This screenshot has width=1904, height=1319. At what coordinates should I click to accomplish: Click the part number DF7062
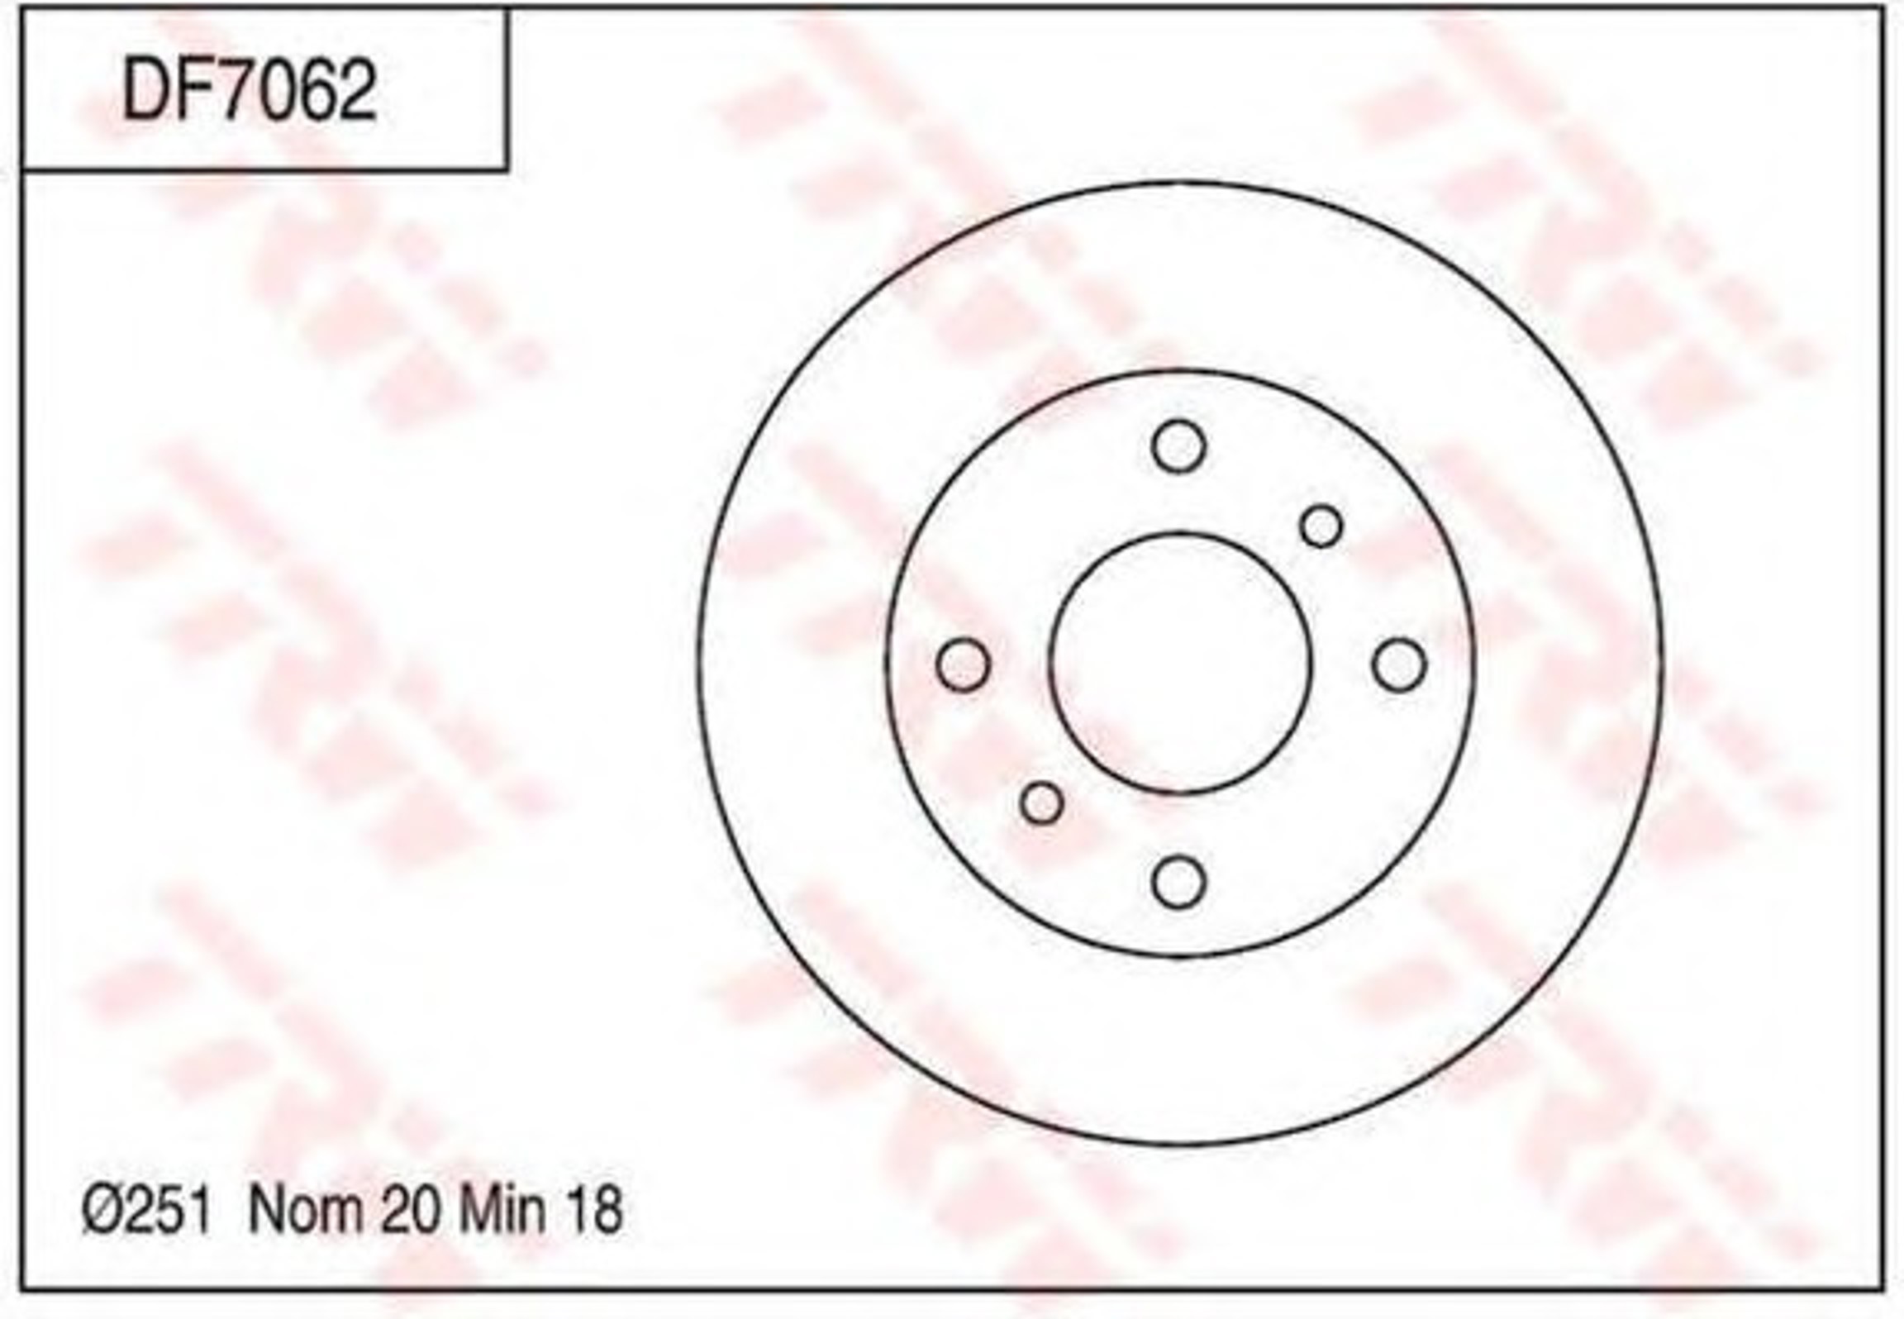click(249, 91)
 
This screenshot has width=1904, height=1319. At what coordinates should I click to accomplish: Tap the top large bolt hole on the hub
click(1178, 446)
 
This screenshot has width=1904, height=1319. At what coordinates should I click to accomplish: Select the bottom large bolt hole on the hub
click(1178, 882)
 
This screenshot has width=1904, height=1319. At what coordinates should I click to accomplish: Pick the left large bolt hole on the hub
click(963, 664)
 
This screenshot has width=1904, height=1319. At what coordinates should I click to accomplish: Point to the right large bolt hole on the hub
click(1399, 664)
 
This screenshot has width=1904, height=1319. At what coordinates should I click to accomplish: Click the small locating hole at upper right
click(1321, 526)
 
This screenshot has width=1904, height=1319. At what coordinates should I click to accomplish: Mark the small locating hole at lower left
click(1041, 802)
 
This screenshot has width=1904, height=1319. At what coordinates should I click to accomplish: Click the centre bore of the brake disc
click(1180, 664)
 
